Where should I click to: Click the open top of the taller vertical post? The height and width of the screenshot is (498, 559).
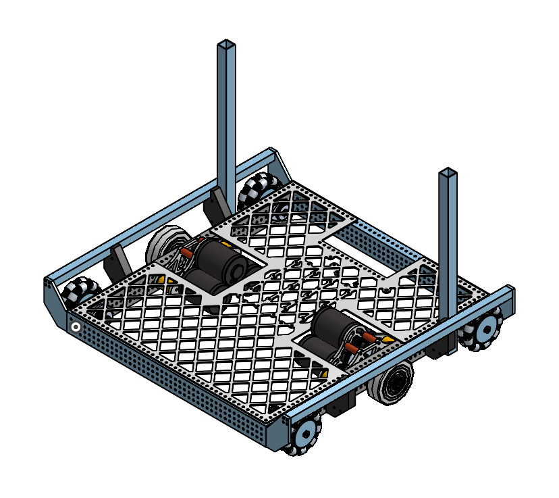pyautogui.click(x=226, y=45)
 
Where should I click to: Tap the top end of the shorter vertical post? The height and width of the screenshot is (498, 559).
pyautogui.click(x=448, y=173)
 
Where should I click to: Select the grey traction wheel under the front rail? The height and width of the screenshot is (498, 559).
pyautogui.click(x=392, y=385)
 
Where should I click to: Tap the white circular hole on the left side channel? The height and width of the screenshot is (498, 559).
pyautogui.click(x=76, y=328)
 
